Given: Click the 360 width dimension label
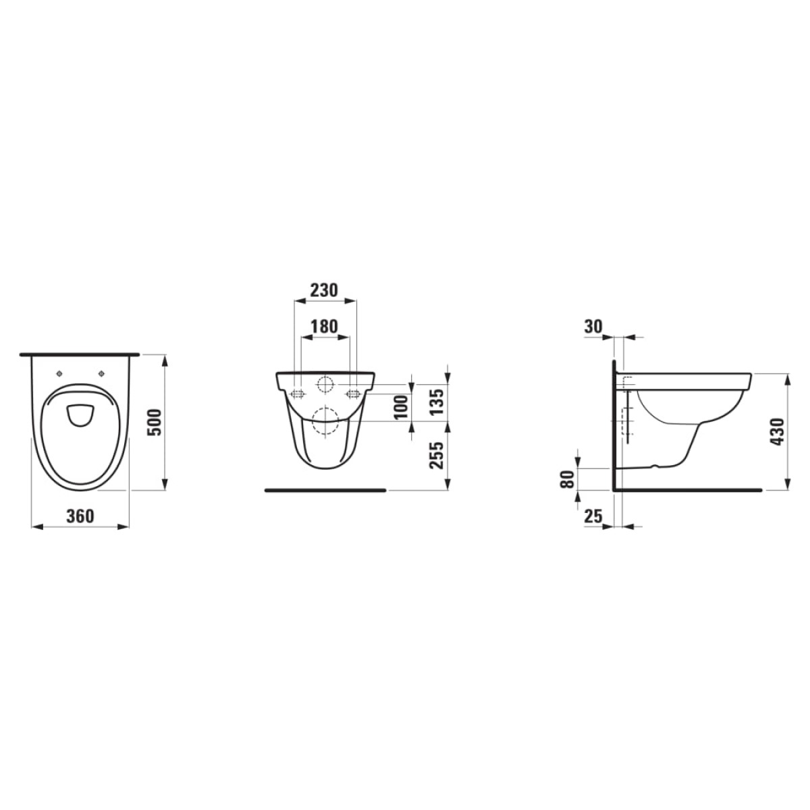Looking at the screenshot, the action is pyautogui.click(x=80, y=516).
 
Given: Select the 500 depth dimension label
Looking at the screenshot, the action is pyautogui.click(x=155, y=422).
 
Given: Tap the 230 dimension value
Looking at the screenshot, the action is pyautogui.click(x=324, y=290).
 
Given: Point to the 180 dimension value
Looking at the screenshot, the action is pyautogui.click(x=324, y=326).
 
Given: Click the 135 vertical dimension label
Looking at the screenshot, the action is pyautogui.click(x=437, y=402).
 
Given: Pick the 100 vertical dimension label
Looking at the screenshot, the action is pyautogui.click(x=402, y=406).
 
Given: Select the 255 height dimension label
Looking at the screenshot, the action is pyautogui.click(x=437, y=455).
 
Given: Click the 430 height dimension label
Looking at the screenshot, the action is pyautogui.click(x=778, y=431).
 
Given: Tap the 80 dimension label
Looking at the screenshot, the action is pyautogui.click(x=568, y=479).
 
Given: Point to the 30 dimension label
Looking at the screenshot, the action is pyautogui.click(x=593, y=326).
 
